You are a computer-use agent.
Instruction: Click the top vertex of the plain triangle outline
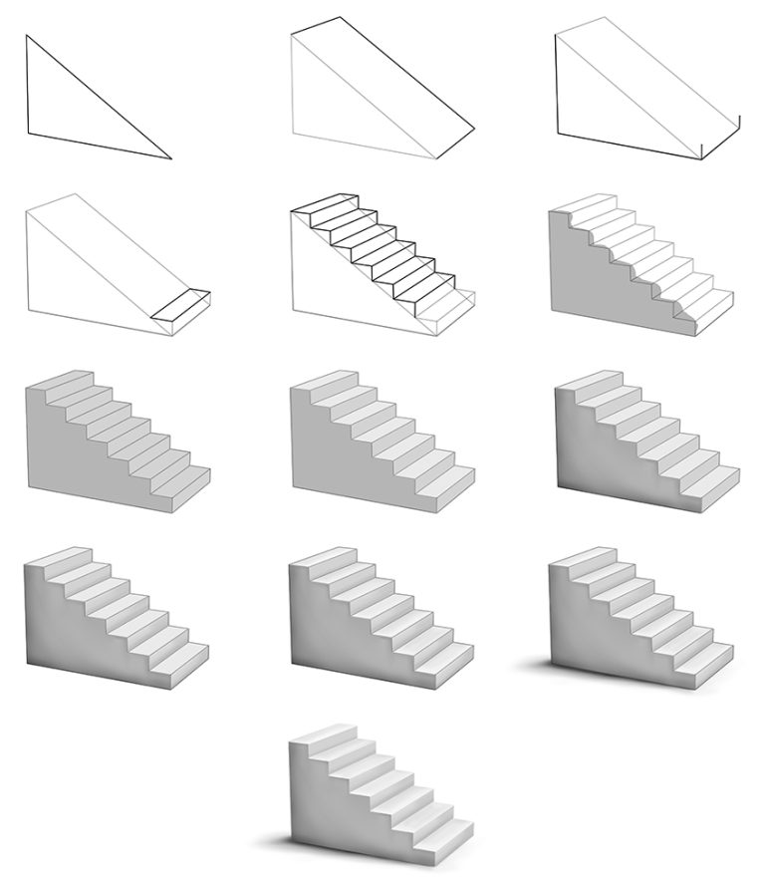point(27,36)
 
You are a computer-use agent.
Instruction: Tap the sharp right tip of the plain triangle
point(171,157)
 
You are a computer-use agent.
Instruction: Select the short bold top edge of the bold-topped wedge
point(316,23)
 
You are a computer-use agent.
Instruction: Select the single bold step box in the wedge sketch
point(181,307)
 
